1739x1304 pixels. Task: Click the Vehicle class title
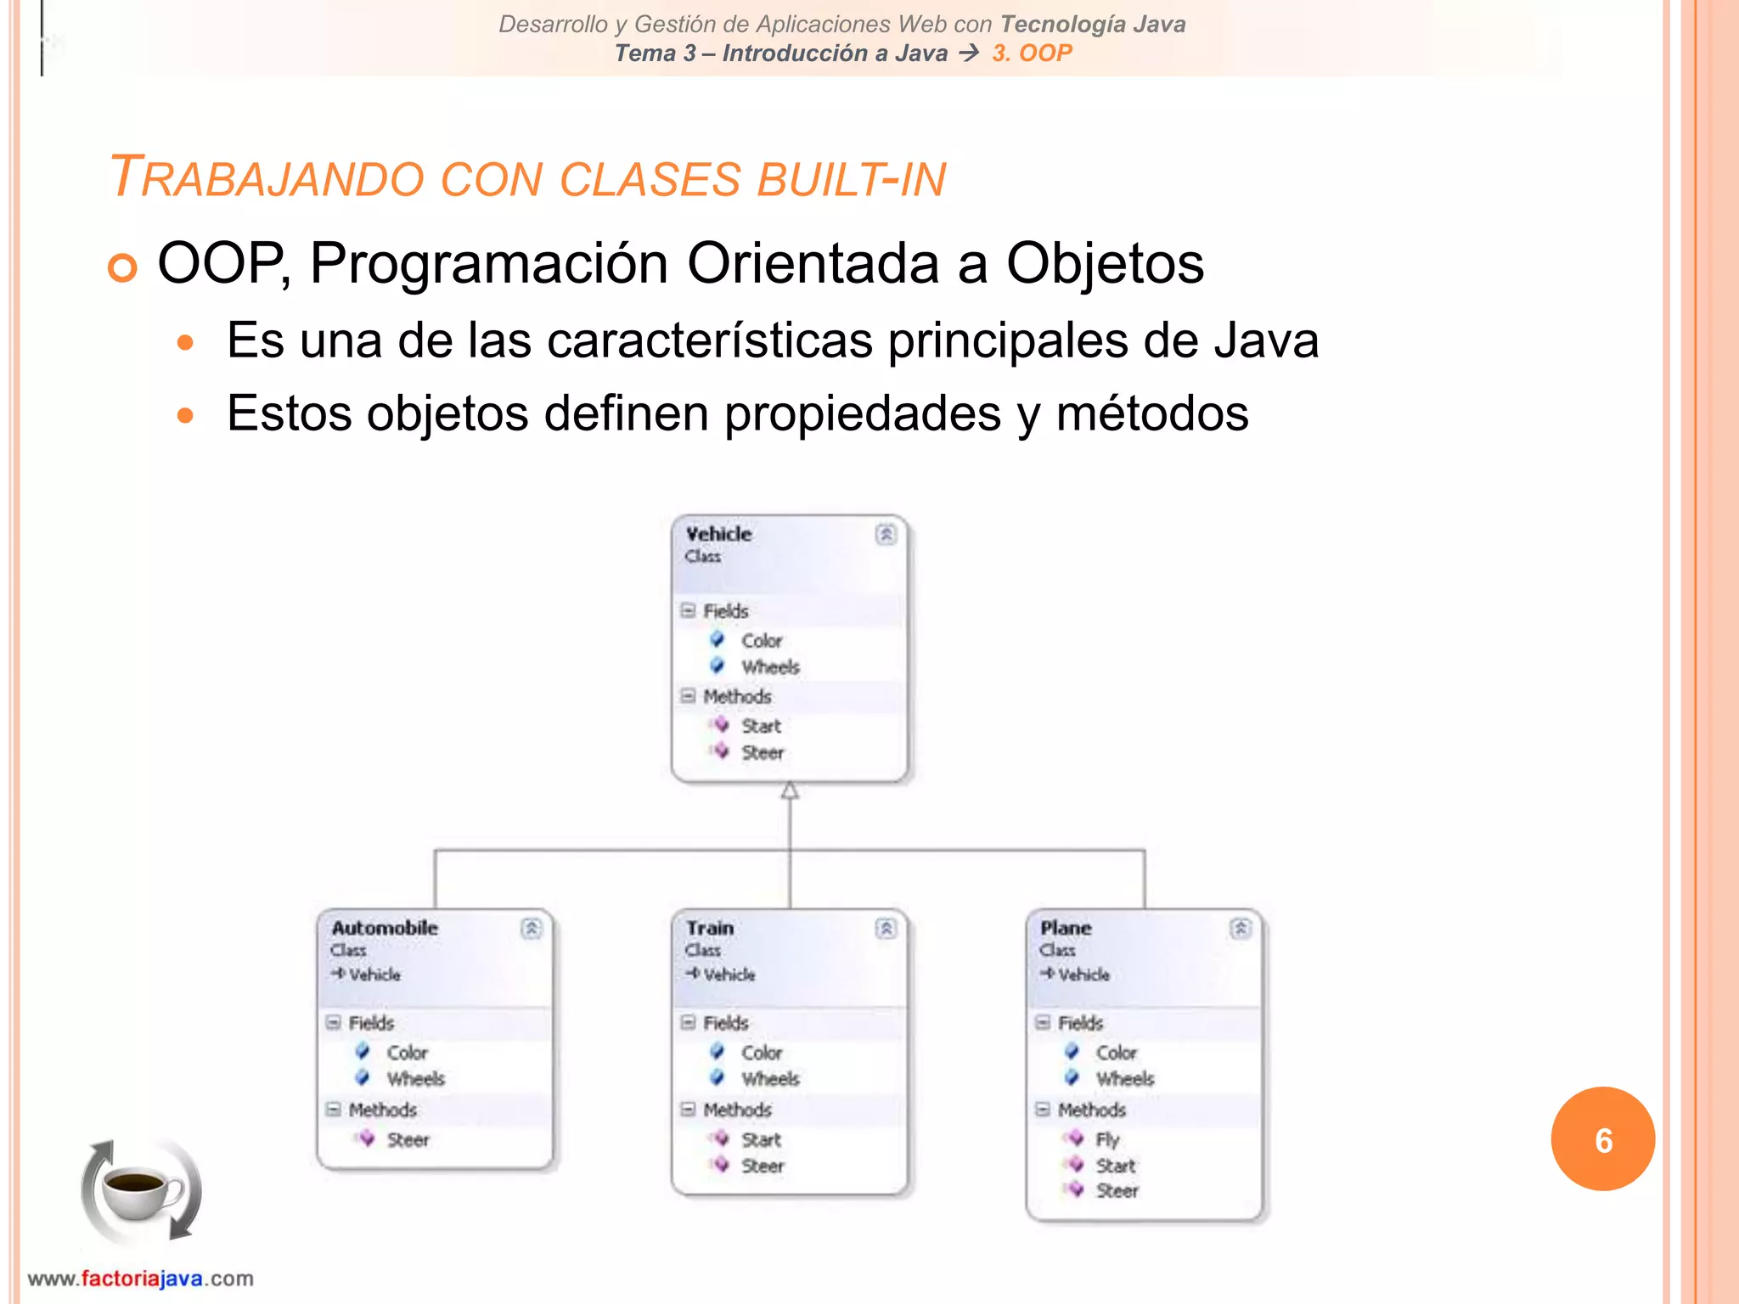tap(718, 534)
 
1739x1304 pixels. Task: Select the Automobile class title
tap(385, 928)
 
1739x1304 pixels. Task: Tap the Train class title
tap(710, 928)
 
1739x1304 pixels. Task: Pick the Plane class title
tap(1066, 928)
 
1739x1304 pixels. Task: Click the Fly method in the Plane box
tap(1107, 1139)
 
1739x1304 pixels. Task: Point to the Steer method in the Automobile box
tap(408, 1140)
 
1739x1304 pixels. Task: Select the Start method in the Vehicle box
tap(761, 726)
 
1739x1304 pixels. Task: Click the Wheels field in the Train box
tap(770, 1079)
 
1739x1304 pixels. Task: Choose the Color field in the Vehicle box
tap(761, 641)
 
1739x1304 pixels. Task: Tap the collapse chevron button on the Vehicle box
tap(886, 534)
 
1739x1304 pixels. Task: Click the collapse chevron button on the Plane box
tap(1240, 928)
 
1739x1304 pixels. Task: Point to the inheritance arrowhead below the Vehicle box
tap(790, 791)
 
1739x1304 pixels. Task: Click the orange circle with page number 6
tap(1602, 1139)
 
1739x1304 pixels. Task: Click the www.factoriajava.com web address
tap(141, 1279)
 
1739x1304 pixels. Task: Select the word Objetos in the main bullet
tap(1104, 263)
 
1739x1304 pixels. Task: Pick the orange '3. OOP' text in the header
tap(1032, 53)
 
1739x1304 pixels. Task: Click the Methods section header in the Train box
tap(737, 1110)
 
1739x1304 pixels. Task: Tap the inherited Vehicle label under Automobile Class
tap(374, 975)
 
